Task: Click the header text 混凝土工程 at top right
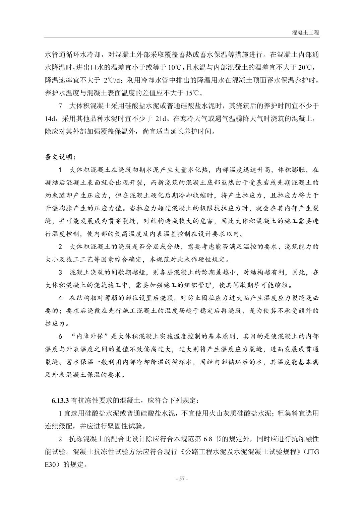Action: tap(305, 33)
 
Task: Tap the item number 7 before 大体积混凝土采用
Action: tap(61, 106)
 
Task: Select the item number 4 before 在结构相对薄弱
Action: tap(60, 298)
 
